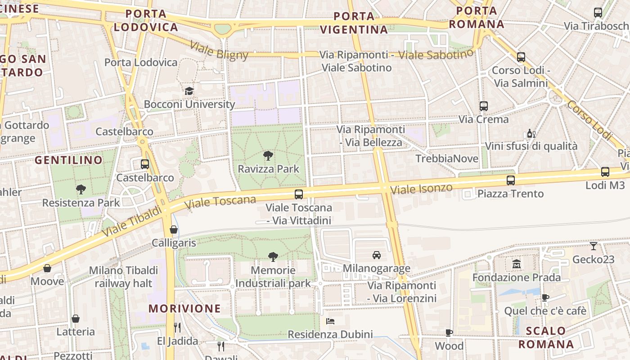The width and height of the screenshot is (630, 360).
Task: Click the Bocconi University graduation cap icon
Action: [x=189, y=91]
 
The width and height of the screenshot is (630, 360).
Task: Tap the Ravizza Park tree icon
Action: [x=268, y=156]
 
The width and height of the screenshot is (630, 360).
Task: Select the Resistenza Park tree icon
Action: [x=81, y=189]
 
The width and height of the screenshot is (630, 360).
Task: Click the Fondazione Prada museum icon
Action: [x=517, y=264]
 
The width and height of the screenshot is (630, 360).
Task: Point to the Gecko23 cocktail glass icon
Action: [x=594, y=246]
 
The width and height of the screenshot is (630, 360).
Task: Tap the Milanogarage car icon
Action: [x=377, y=255]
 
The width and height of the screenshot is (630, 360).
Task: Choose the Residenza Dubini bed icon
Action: [x=330, y=321]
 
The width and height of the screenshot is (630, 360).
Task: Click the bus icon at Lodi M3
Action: [x=605, y=171]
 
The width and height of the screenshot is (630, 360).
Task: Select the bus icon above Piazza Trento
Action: [x=511, y=180]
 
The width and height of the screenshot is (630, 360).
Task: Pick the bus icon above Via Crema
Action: [x=484, y=106]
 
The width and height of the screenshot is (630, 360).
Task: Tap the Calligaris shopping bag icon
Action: [x=174, y=229]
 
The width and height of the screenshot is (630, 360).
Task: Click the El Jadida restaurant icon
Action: [x=177, y=328]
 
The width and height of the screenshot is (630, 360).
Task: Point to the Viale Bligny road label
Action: [x=219, y=50]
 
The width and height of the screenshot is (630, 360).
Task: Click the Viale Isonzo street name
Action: [x=421, y=189]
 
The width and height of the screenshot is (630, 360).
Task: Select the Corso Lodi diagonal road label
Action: [x=589, y=120]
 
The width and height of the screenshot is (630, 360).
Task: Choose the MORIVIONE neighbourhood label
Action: [x=185, y=309]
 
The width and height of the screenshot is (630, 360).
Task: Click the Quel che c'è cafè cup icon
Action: [x=545, y=297]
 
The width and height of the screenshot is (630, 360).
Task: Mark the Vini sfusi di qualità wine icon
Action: [x=531, y=134]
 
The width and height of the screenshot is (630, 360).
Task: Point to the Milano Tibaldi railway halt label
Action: [x=123, y=277]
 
